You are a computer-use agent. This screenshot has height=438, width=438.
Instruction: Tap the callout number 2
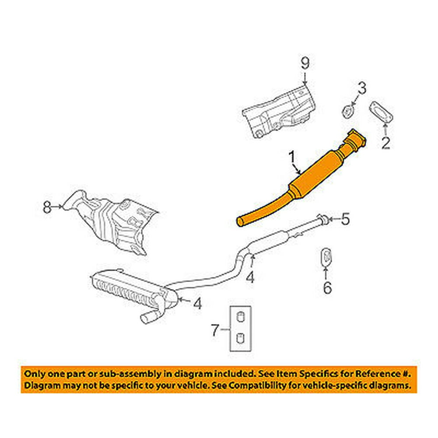tap(385, 142)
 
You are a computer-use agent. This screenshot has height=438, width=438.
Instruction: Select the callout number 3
tap(360, 89)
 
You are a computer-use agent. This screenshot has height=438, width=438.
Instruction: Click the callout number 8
tap(47, 206)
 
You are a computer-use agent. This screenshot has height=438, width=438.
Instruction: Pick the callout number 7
tap(215, 330)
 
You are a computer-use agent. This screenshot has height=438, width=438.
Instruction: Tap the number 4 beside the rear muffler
tap(198, 303)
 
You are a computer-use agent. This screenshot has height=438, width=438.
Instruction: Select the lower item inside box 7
tap(240, 338)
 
